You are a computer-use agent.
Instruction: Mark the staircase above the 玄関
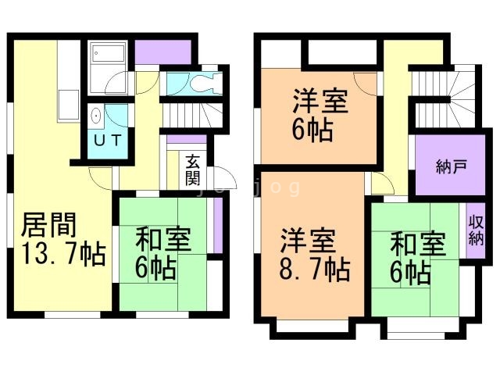pyautogui.click(x=191, y=117)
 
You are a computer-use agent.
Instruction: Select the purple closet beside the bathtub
pyautogui.click(x=162, y=52)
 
